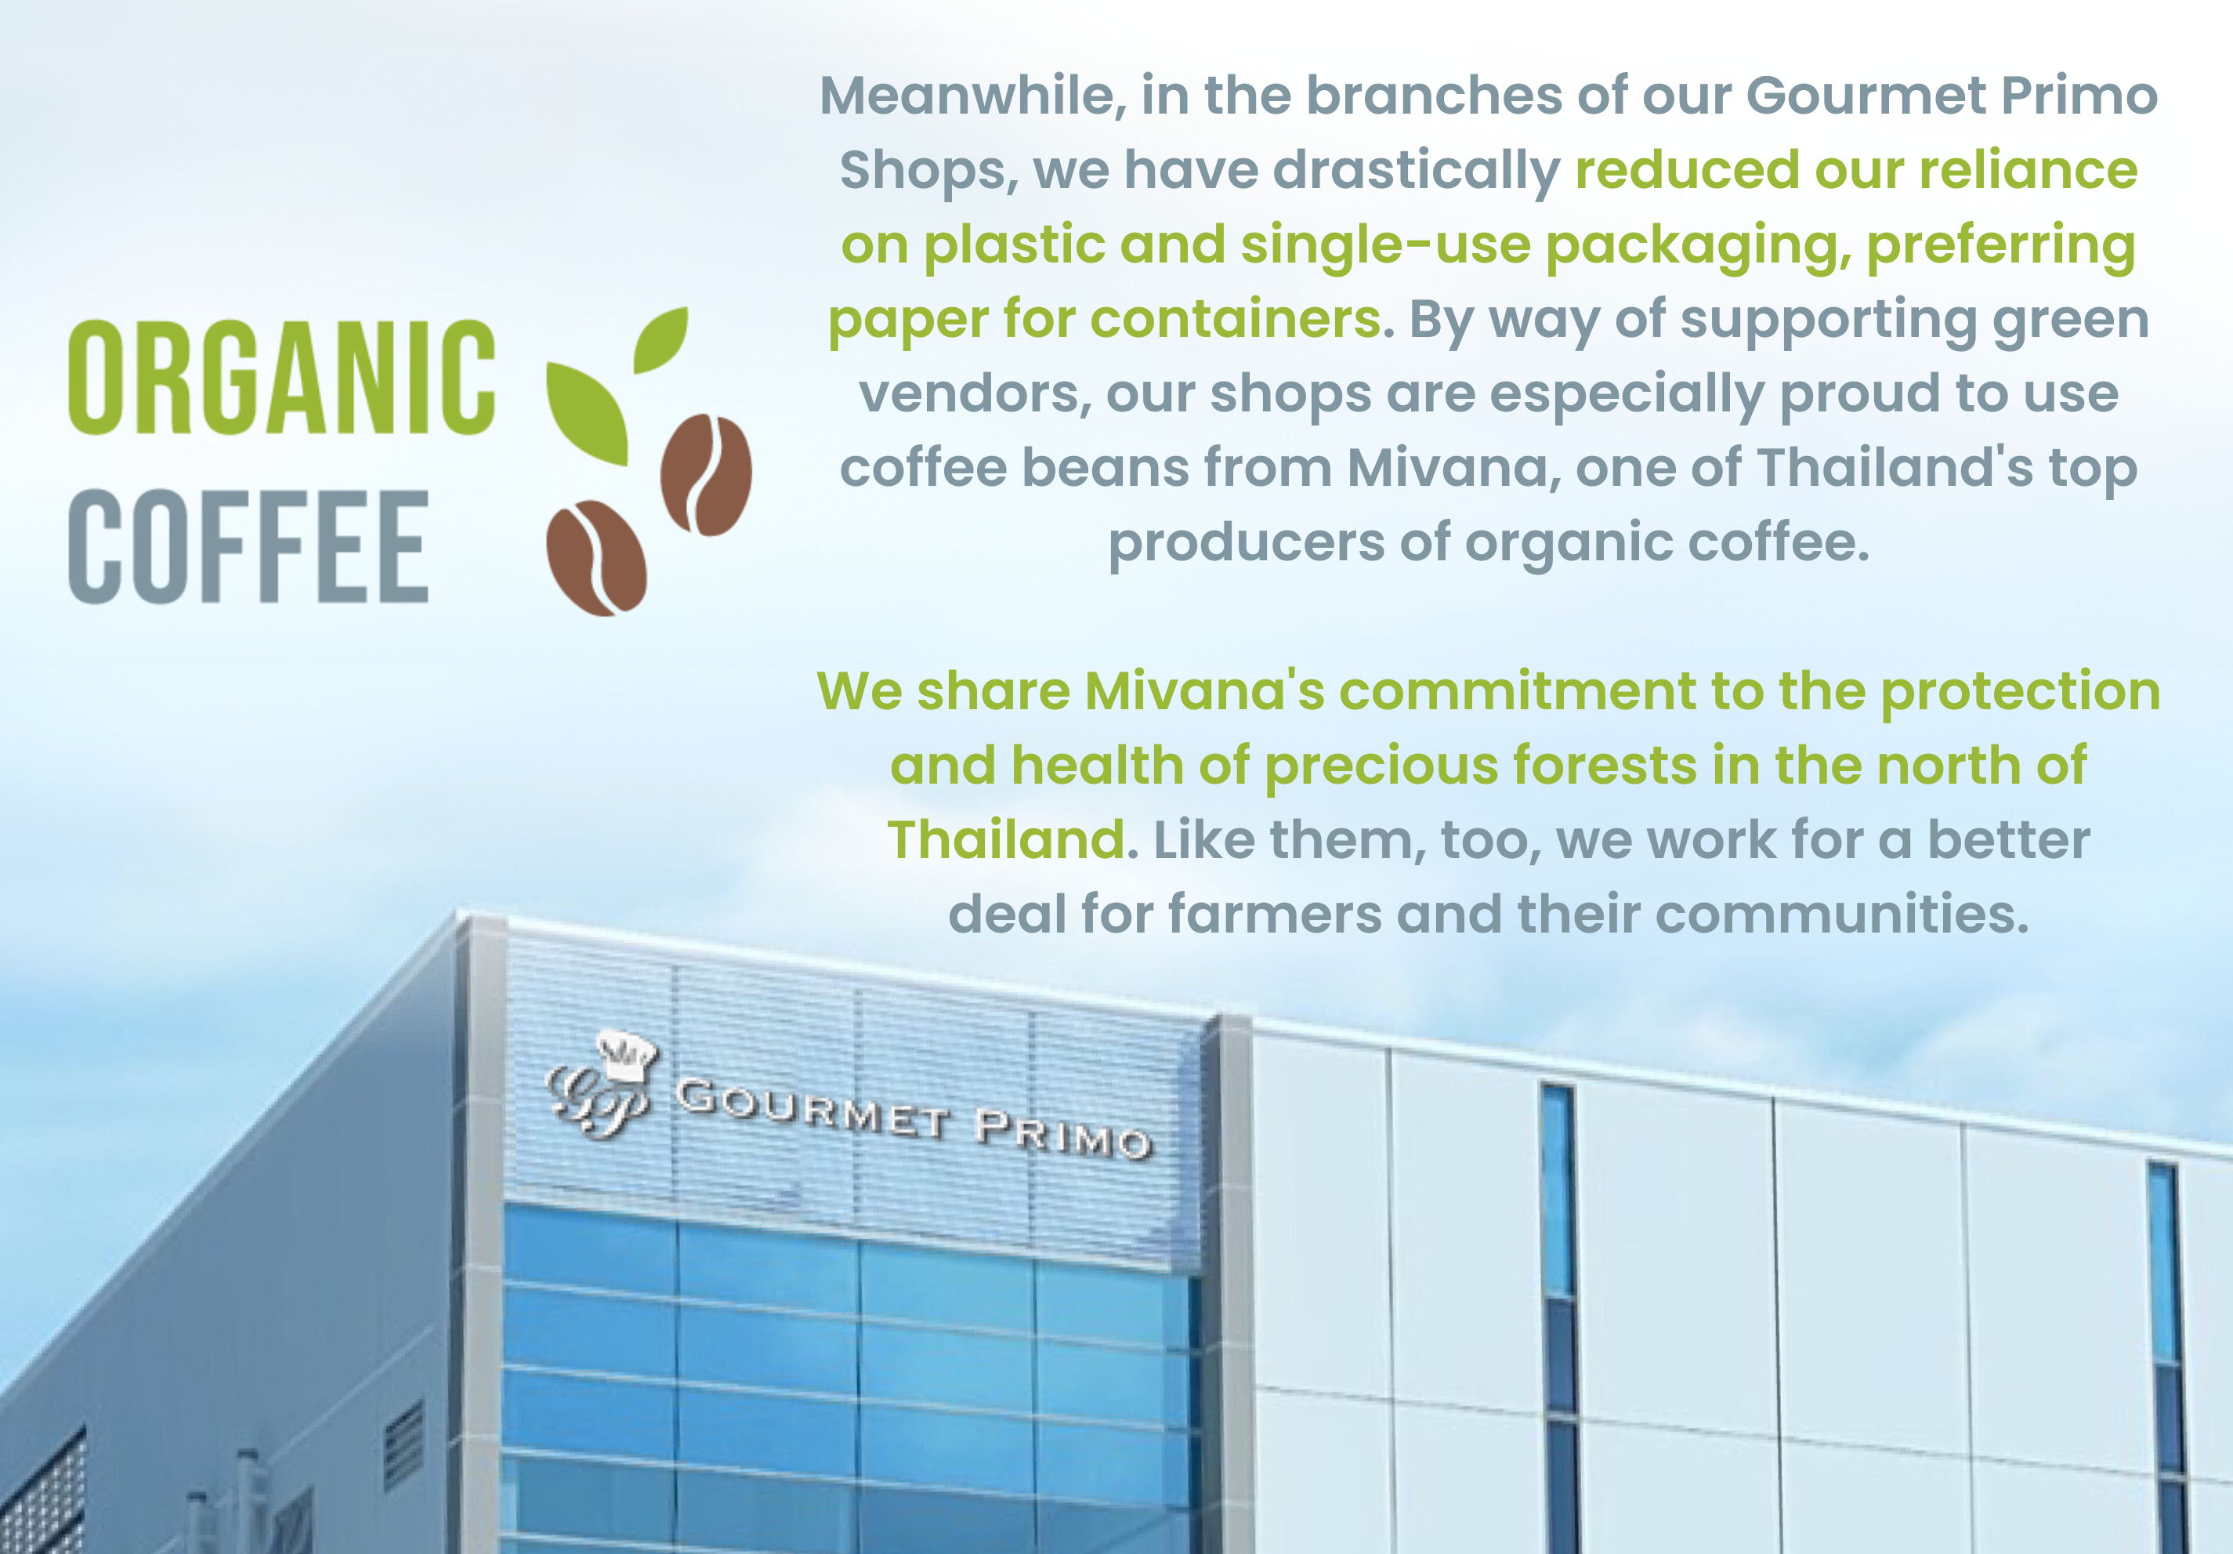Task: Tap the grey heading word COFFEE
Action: (248, 545)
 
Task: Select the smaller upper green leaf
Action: (661, 339)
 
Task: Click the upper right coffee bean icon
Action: (706, 475)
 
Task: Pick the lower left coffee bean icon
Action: (596, 557)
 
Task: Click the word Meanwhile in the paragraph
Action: (972, 96)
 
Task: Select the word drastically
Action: (1416, 170)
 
